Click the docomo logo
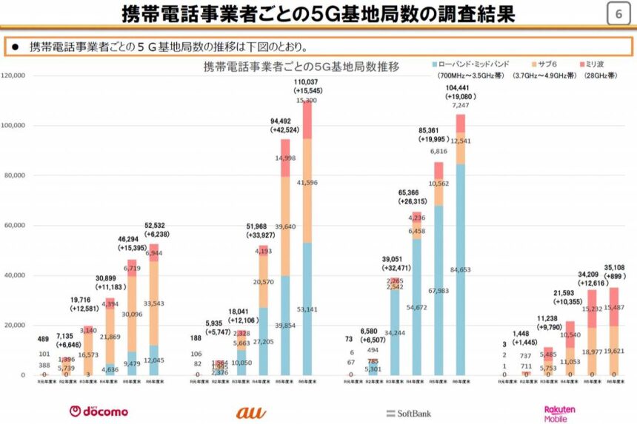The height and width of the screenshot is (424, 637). (99, 411)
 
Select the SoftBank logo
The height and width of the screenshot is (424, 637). (408, 413)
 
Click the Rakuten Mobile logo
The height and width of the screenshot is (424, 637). (560, 413)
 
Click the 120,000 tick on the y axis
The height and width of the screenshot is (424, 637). (15, 75)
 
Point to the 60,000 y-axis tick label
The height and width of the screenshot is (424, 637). (16, 225)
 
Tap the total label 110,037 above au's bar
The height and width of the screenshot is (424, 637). (306, 82)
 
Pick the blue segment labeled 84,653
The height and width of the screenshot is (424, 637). (460, 270)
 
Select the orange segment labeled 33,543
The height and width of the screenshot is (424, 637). (153, 303)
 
